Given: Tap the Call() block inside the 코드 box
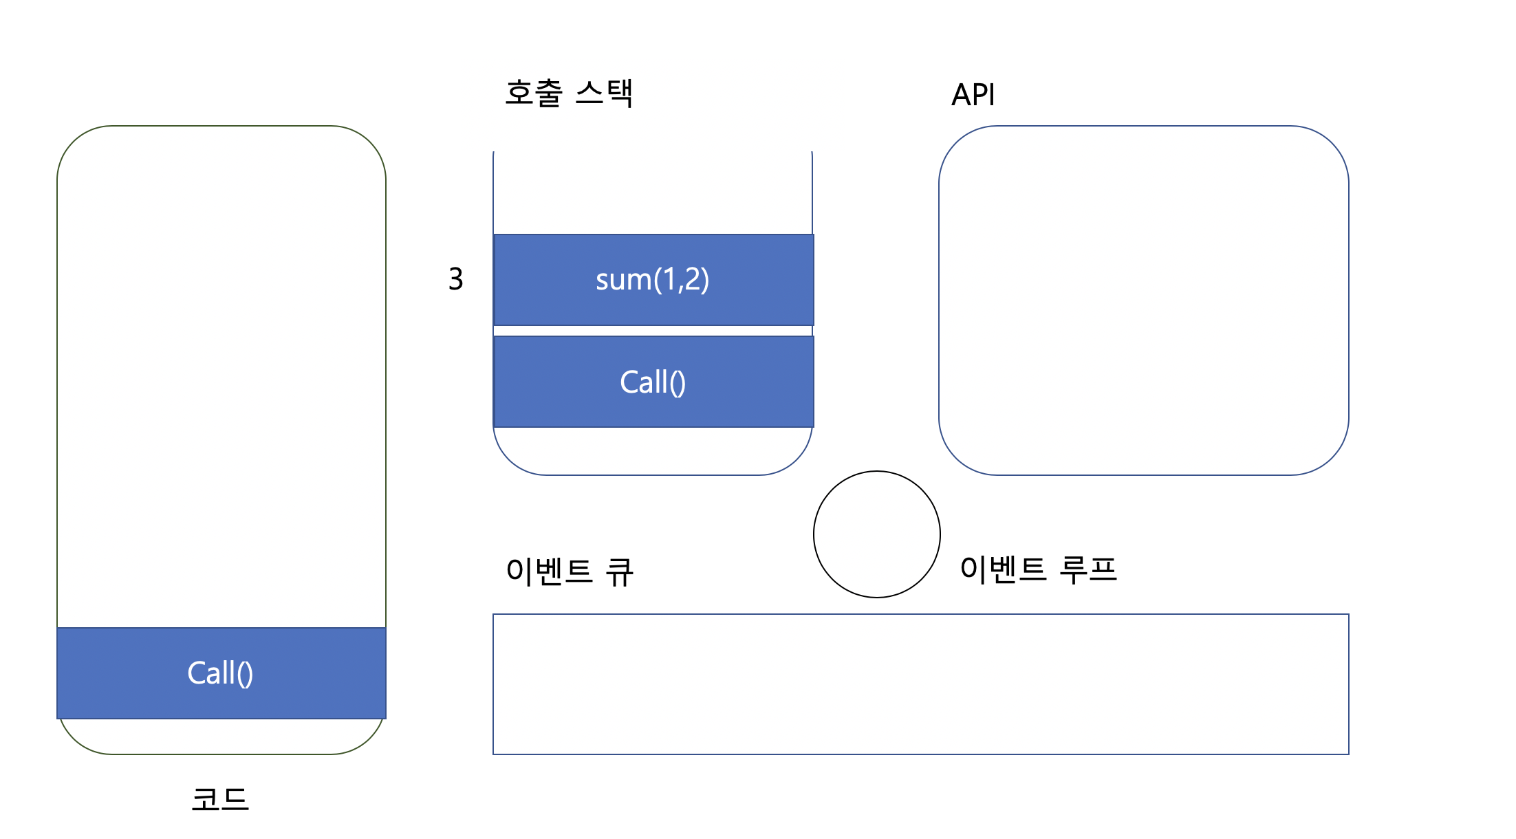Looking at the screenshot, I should click(221, 673).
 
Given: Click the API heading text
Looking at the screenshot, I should click(973, 95).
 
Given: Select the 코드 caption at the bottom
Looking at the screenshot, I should click(220, 799).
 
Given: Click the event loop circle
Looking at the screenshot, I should click(876, 534).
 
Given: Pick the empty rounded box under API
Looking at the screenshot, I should click(1143, 300).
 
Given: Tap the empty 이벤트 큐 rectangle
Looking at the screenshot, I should click(920, 684).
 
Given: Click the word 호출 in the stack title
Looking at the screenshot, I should click(534, 93).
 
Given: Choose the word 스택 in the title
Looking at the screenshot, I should click(604, 93).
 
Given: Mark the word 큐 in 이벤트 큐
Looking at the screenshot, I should click(619, 571).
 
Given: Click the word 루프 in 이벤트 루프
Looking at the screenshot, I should click(1088, 569).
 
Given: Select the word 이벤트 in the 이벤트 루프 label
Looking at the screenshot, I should click(1003, 569).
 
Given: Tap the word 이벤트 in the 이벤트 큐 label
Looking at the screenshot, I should click(549, 571).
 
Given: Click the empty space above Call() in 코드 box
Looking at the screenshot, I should click(221, 378).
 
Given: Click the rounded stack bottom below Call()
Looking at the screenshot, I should click(652, 452).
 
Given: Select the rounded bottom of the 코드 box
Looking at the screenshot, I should click(221, 737).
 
